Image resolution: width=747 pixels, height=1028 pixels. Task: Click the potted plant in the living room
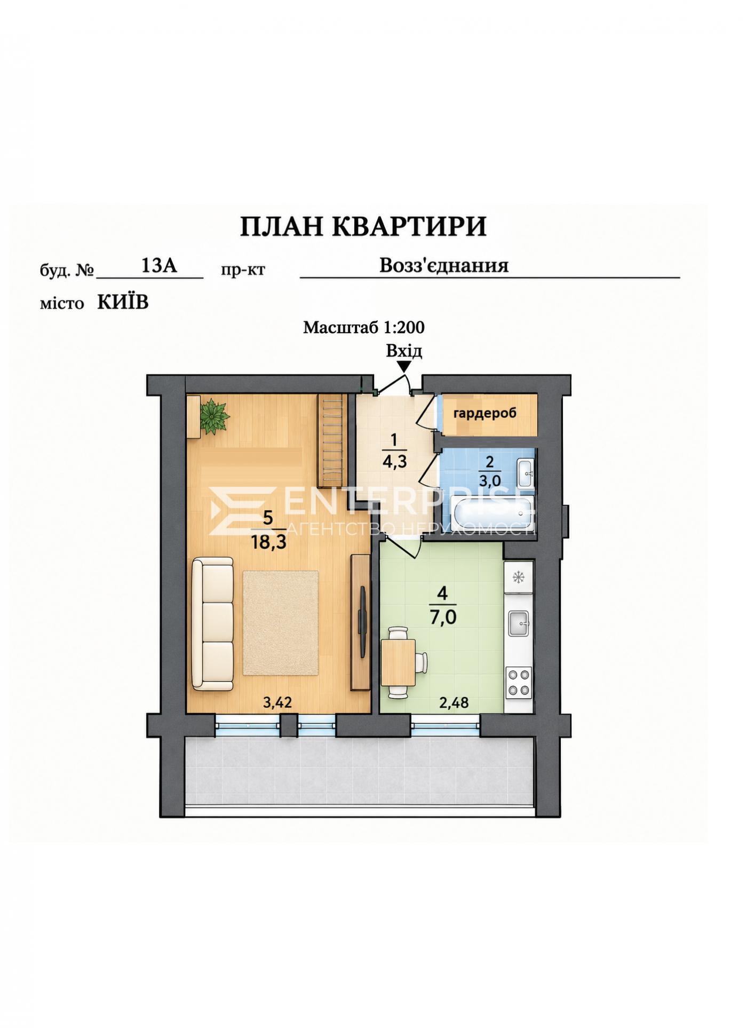tap(214, 416)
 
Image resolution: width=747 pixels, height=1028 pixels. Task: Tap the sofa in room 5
tap(213, 624)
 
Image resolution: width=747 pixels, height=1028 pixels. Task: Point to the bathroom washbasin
tap(526, 471)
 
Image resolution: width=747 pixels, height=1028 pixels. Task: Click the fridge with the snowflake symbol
tap(518, 577)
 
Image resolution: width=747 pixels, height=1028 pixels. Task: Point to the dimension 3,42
tap(277, 702)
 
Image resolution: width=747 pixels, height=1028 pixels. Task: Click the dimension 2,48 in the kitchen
tap(454, 702)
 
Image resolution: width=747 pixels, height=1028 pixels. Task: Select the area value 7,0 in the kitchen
tap(442, 618)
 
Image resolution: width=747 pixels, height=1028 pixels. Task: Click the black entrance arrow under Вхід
tap(404, 366)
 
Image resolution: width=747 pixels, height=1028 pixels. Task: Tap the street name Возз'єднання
tap(444, 265)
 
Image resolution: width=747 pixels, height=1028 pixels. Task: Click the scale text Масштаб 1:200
tap(364, 327)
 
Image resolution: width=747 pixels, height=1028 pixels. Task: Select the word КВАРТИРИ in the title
tap(410, 226)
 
